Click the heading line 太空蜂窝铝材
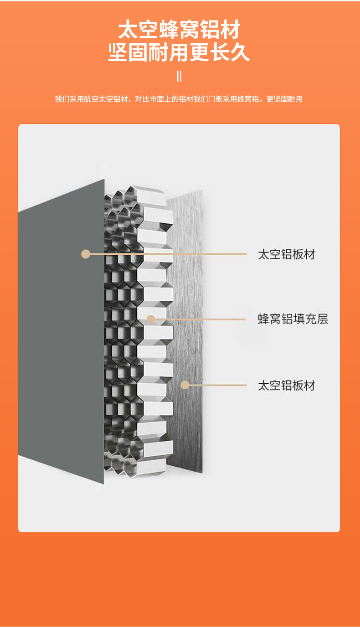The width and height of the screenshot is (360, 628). point(179,30)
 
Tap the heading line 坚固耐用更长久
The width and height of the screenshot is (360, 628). point(179,52)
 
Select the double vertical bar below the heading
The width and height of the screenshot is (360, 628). point(179,76)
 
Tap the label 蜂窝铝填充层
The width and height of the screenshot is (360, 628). point(293,319)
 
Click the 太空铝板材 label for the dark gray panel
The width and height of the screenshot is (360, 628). point(286,254)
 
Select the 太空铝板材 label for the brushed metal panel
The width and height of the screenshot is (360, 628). point(286,386)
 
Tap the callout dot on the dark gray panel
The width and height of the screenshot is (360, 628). point(86,254)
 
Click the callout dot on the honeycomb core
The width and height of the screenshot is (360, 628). point(151,319)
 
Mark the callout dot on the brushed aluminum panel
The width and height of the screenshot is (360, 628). point(185,385)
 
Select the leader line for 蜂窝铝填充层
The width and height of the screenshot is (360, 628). point(201,319)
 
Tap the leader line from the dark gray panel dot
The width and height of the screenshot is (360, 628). point(169,254)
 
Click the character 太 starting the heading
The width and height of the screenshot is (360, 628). point(128,30)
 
